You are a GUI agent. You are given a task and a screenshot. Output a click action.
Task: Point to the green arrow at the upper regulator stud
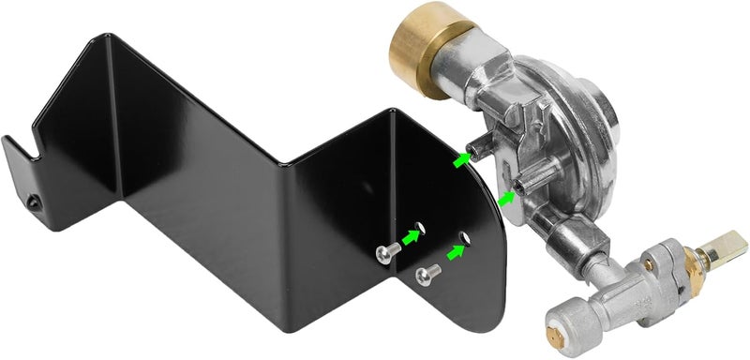click(x=460, y=160)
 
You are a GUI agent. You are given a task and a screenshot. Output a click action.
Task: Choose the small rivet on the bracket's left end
click(x=34, y=202)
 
